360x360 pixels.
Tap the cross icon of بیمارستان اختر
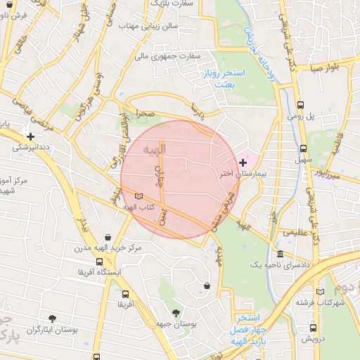(243, 162)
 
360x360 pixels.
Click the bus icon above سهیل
(303, 148)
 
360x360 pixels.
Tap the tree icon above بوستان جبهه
(175, 312)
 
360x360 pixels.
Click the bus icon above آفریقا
(125, 295)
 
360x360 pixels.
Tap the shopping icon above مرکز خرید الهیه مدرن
(108, 237)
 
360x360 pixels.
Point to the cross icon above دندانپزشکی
(30, 136)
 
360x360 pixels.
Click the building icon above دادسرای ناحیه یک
(281, 254)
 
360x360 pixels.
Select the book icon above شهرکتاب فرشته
(321, 292)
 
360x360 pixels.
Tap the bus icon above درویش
(313, 328)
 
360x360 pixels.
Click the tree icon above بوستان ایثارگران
(53, 319)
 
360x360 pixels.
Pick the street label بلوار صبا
(327, 68)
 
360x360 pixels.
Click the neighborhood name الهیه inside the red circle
(153, 150)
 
